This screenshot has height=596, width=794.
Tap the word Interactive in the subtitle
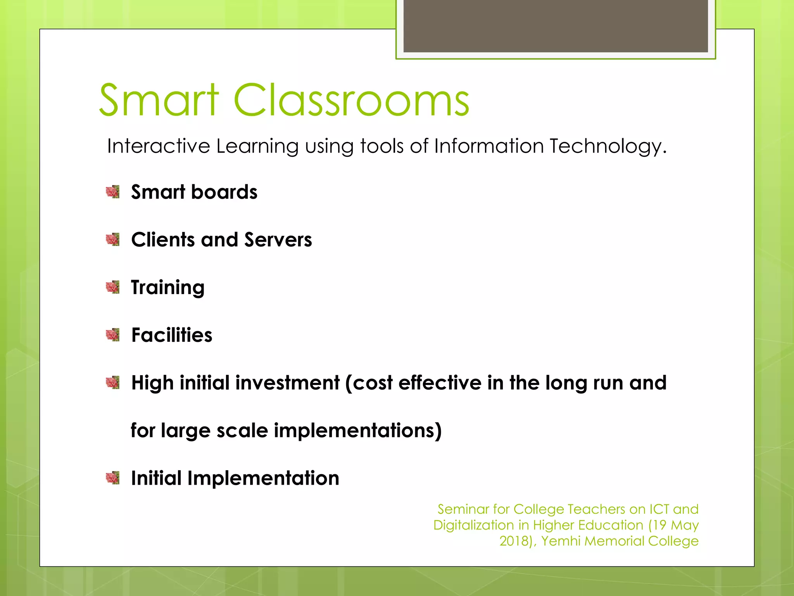tap(159, 146)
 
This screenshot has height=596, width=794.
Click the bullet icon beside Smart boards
tap(112, 192)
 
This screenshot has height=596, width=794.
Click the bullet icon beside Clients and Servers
tap(112, 239)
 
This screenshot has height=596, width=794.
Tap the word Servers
tap(278, 239)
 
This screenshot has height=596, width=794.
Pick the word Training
tap(167, 288)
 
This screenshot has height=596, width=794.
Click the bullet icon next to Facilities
tap(112, 334)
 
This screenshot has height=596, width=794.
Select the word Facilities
tap(172, 335)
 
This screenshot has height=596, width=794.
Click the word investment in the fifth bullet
tap(287, 383)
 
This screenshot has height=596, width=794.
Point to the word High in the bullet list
tap(152, 383)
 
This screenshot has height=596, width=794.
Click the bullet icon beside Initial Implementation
tap(112, 478)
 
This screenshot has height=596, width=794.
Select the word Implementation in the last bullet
tap(263, 478)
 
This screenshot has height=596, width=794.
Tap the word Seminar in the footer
tap(463, 509)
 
